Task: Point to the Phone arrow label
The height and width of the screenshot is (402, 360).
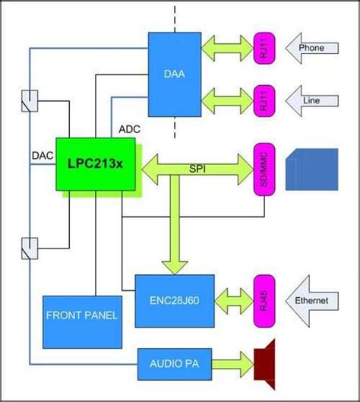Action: click(x=311, y=48)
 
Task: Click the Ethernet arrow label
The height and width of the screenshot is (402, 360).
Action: click(x=311, y=301)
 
